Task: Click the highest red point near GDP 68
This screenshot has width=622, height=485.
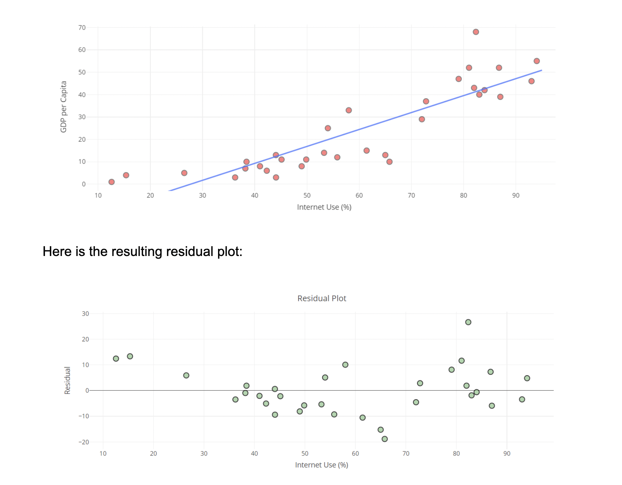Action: point(475,32)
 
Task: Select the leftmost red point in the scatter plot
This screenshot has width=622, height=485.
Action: point(111,182)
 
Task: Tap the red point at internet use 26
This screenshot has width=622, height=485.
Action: point(184,173)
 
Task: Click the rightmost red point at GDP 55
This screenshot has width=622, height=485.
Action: point(537,61)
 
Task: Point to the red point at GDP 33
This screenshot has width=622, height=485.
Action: point(348,110)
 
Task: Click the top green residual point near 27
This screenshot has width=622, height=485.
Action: point(468,322)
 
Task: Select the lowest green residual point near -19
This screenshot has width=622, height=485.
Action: point(384,439)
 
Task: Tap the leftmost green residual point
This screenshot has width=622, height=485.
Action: point(116,359)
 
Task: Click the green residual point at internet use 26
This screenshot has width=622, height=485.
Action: point(186,375)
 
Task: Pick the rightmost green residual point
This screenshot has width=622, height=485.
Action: point(527,378)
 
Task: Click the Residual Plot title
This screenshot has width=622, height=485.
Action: point(321,298)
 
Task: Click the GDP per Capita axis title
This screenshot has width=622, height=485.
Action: point(64,107)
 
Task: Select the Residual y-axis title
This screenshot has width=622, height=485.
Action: point(67,380)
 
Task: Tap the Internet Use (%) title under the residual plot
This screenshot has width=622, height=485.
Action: point(321,465)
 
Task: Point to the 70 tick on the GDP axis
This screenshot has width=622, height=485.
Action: point(82,27)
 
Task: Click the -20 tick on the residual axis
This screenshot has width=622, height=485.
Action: point(84,442)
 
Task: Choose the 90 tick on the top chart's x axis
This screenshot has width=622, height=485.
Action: point(516,195)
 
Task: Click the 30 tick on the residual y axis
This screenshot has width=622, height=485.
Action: point(85,314)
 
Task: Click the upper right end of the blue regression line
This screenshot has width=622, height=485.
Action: point(541,70)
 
